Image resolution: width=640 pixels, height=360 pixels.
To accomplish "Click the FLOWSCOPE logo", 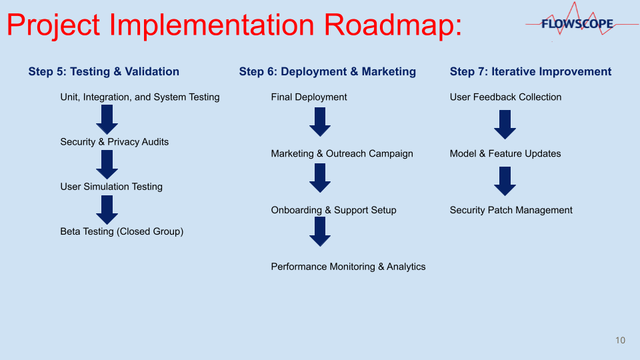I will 577,25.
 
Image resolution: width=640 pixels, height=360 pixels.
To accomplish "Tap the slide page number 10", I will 620,341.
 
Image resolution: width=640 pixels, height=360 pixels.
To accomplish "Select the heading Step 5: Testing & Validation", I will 103,72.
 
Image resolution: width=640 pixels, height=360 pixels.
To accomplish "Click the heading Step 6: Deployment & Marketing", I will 327,72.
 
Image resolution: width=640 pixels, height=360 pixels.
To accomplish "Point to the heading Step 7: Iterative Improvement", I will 530,72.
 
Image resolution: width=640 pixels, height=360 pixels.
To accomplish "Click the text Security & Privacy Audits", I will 114,142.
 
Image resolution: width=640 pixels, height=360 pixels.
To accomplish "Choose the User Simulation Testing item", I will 111,187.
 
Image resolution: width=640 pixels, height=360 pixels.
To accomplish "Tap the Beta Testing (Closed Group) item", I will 121,232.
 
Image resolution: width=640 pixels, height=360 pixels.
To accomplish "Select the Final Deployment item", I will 309,97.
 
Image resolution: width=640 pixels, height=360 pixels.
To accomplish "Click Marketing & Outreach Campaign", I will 342,154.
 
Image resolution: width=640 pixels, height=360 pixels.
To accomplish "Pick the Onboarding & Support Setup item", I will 333,211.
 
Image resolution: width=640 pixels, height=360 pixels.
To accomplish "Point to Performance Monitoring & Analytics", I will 348,267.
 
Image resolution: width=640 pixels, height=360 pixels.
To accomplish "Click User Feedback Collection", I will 505,97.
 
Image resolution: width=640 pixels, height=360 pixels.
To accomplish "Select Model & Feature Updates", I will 505,154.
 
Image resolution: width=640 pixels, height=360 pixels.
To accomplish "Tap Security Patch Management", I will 511,211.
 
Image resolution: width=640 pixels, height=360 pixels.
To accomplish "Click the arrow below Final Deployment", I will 320,122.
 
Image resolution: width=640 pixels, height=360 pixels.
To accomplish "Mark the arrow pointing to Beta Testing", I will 107,209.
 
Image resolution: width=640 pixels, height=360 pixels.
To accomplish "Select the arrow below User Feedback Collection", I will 505,125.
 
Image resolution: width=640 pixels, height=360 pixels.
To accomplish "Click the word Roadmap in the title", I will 393,25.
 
